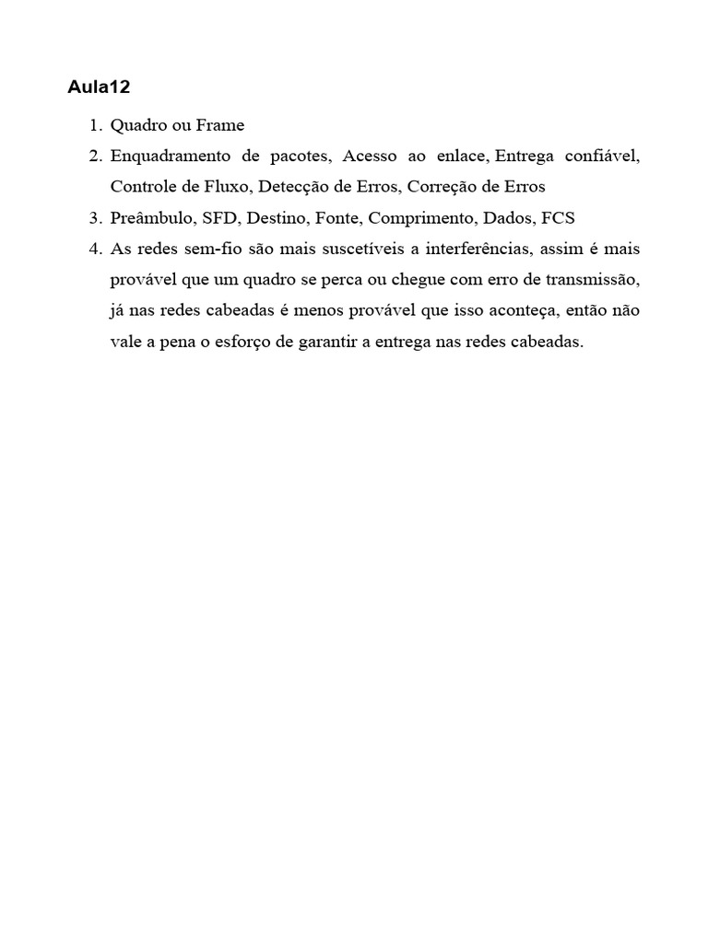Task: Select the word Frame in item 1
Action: (x=219, y=124)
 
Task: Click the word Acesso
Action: (x=368, y=156)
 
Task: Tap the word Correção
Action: (x=444, y=186)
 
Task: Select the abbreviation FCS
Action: (x=558, y=217)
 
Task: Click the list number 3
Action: (x=95, y=217)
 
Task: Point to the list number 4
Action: (x=95, y=249)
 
